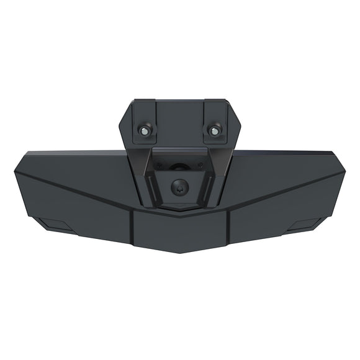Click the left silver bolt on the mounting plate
[x=145, y=130]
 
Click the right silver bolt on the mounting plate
[x=214, y=130]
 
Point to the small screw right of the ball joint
[x=199, y=166]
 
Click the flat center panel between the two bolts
[x=179, y=121]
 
